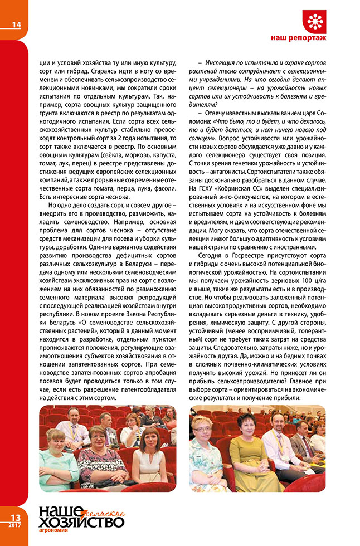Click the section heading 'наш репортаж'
pyautogui.click(x=318, y=39)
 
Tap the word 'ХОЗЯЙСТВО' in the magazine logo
pyautogui.click(x=81, y=521)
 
